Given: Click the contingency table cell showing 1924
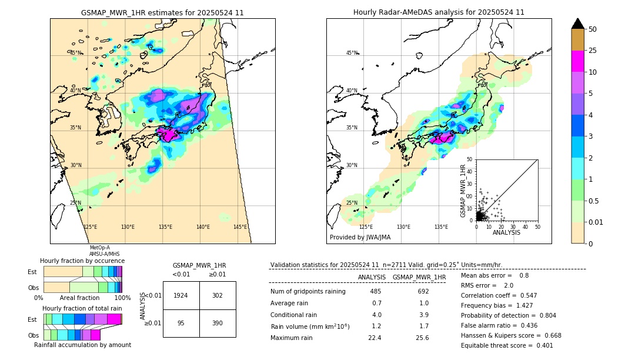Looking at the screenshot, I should coord(181,295).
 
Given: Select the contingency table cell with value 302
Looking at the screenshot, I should coord(218,295).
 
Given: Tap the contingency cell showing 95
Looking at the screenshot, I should coord(181,324).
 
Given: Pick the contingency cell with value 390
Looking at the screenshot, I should coord(218,324).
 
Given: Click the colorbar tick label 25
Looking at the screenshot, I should coord(593,51).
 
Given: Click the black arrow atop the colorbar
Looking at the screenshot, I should coord(577,24).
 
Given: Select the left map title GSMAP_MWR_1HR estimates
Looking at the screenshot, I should coord(162,12).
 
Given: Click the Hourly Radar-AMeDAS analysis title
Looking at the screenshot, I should coord(439,12).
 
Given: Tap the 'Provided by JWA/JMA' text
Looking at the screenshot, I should coord(360,237).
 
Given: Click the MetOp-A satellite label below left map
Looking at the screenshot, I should coord(99,248).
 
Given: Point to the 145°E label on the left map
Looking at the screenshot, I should coord(240,227).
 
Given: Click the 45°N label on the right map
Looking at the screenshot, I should coord(352,53).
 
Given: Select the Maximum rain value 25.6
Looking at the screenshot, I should coord(422,338).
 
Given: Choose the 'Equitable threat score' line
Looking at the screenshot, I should coord(507,345).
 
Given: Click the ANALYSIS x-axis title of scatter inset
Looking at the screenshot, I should coord(506,232).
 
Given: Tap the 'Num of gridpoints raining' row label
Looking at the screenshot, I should coord(308,291).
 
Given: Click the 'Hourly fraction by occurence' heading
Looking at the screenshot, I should coord(82,261).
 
